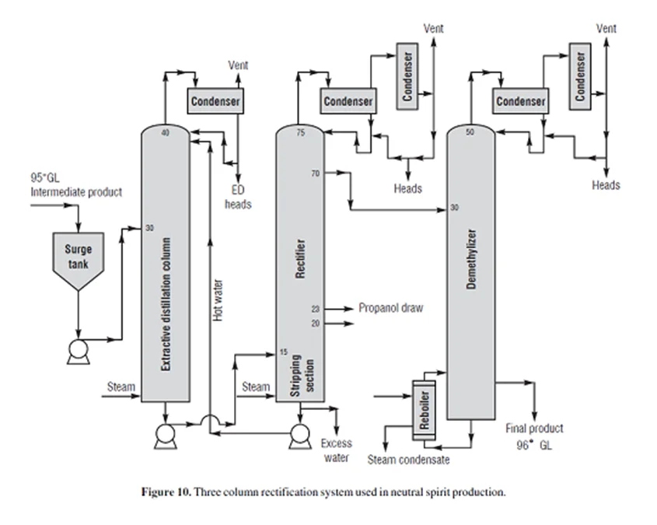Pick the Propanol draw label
point(391,308)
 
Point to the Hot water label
point(218,299)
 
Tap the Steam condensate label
point(409,460)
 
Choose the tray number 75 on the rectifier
point(301,134)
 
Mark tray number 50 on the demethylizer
point(470,133)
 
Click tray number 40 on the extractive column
point(165,134)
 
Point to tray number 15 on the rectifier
point(283,352)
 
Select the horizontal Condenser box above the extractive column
point(214,101)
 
